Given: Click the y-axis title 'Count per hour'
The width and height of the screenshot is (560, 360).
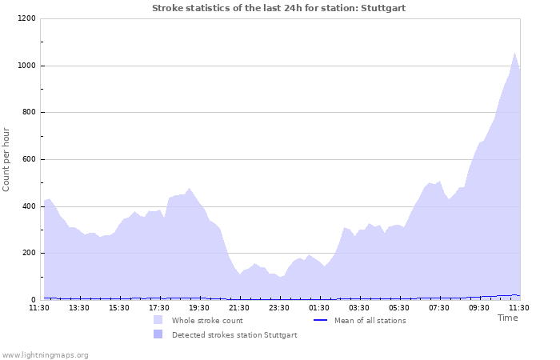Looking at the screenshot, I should click(x=7, y=159).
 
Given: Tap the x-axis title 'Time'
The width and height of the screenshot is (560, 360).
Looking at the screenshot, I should click(x=507, y=318).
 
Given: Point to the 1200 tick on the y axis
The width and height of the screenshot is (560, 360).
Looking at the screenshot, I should click(x=26, y=18).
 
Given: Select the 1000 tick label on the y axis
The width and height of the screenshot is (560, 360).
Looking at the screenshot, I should click(x=26, y=66).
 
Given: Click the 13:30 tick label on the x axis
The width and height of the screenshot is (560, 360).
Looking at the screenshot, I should click(x=79, y=307).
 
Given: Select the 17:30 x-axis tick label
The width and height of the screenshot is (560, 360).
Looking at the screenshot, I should click(x=159, y=307).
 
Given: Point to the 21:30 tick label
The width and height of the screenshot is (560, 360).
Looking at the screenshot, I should click(x=239, y=307).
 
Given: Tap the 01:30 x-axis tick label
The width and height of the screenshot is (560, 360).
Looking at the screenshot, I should click(x=319, y=307).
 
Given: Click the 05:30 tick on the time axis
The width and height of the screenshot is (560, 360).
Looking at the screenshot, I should click(x=399, y=307).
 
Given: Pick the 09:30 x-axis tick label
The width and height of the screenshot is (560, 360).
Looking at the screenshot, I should click(x=479, y=307).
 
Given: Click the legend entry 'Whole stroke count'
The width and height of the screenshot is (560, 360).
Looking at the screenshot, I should click(x=207, y=321).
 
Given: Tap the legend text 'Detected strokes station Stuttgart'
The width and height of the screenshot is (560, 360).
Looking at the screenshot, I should click(x=234, y=335).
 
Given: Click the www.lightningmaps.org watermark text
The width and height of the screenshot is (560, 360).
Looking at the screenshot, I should click(x=46, y=354).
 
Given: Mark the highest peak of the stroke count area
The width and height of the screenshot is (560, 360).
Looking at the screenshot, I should click(x=514, y=53).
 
